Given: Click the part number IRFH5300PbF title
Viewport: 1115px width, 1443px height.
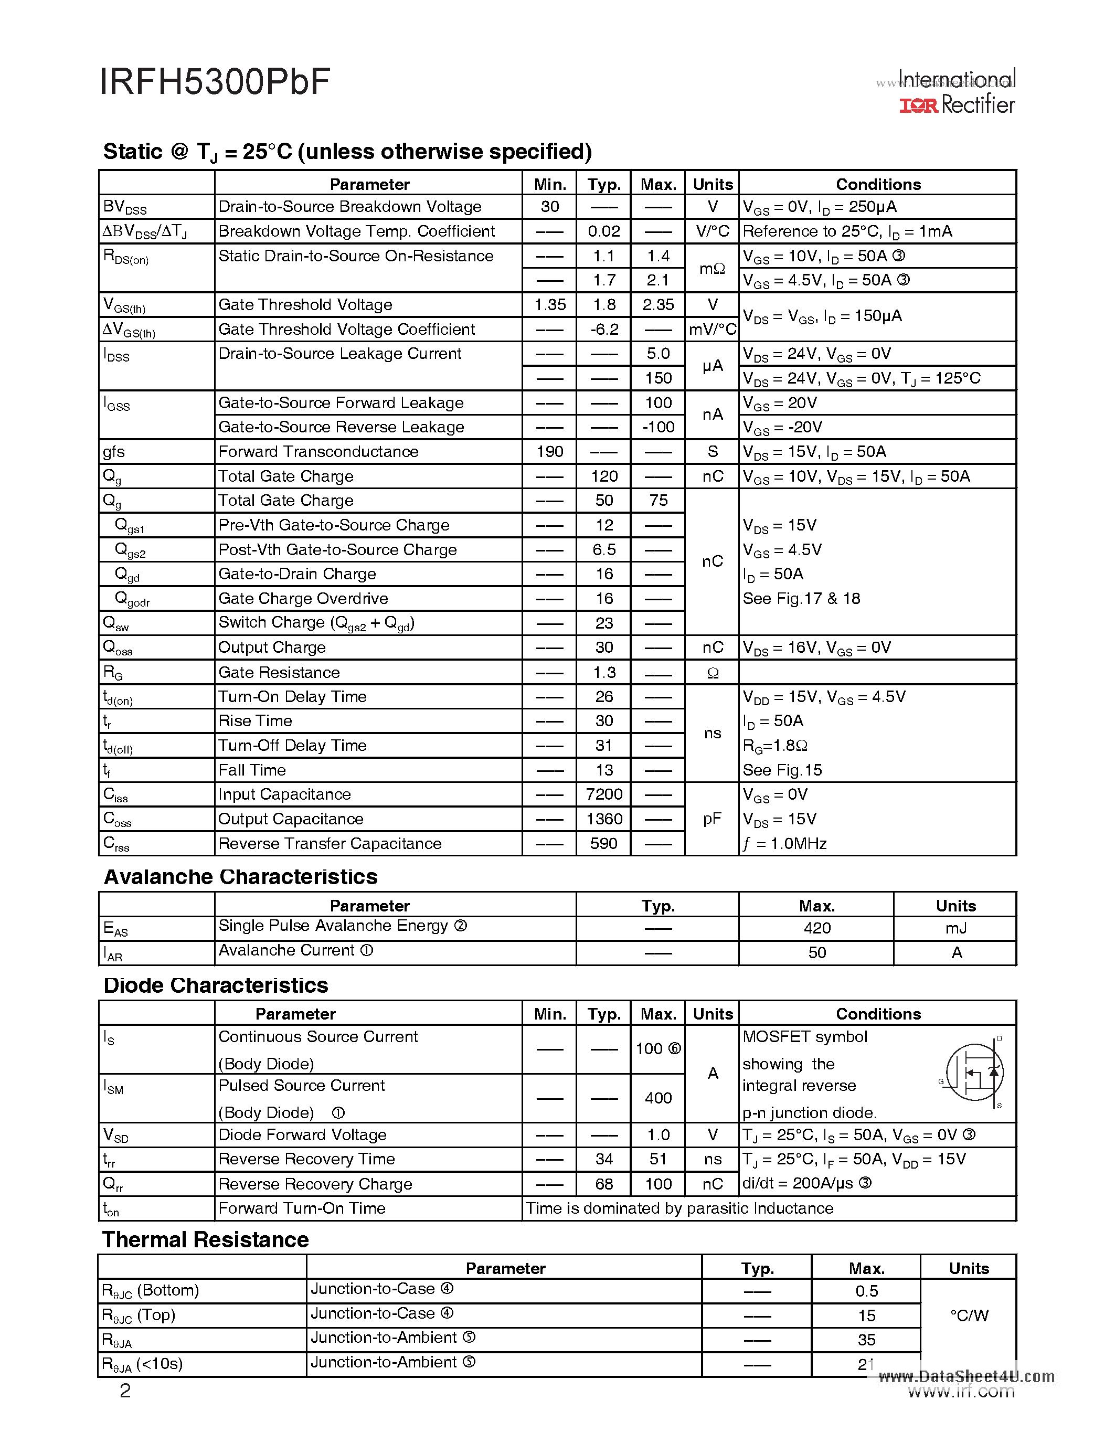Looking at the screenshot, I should coord(215,82).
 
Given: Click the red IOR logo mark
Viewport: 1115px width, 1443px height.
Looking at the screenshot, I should coord(918,105).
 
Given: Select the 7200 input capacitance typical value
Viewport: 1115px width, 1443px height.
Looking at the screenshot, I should coord(604,794).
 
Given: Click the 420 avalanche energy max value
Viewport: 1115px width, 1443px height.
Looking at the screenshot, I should coord(816,928).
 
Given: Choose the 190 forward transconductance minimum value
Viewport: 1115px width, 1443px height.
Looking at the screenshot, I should coord(549,451).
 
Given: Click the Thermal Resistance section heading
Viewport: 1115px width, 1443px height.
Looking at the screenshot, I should coord(206,1239).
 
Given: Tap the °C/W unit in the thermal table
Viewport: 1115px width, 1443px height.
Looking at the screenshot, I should coord(969,1315).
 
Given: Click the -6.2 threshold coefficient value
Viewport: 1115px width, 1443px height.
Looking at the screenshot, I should coord(604,329).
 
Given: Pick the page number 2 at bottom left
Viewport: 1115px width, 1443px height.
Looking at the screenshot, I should coord(125,1391).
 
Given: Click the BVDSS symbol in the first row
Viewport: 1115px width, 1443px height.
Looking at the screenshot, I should coord(125,207).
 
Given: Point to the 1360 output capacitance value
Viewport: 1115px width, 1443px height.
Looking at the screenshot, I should coord(604,819).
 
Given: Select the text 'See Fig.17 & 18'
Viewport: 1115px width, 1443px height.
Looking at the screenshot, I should coord(801,599).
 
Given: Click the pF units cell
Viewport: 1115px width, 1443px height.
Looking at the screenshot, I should coord(712,819).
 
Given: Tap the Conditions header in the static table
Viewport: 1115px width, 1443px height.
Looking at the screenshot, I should coord(878,184).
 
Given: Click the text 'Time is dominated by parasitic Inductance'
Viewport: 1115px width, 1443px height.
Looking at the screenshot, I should coord(679,1208).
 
